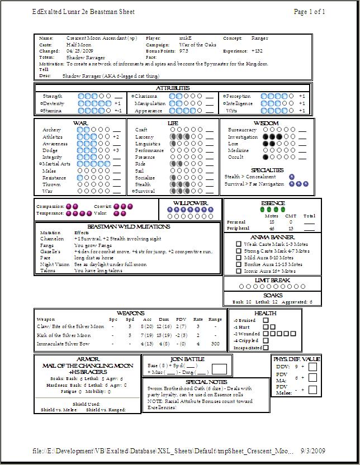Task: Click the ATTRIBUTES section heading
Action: coord(173,88)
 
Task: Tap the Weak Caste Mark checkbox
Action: coord(239,244)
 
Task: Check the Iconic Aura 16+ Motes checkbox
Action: coord(239,271)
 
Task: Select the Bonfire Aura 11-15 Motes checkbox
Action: coord(239,264)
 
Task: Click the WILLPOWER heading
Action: coord(190,203)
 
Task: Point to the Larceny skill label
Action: coord(144,137)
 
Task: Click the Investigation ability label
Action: coord(243,137)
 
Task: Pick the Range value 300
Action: coord(215,344)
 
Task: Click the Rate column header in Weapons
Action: coord(198,320)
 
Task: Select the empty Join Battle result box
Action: coord(219,368)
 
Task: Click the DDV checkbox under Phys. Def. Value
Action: coord(312,367)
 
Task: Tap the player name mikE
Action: coord(186,38)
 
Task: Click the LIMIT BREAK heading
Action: coord(272,280)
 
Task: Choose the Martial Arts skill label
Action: coord(56,164)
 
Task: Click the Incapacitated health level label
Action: coord(247,347)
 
